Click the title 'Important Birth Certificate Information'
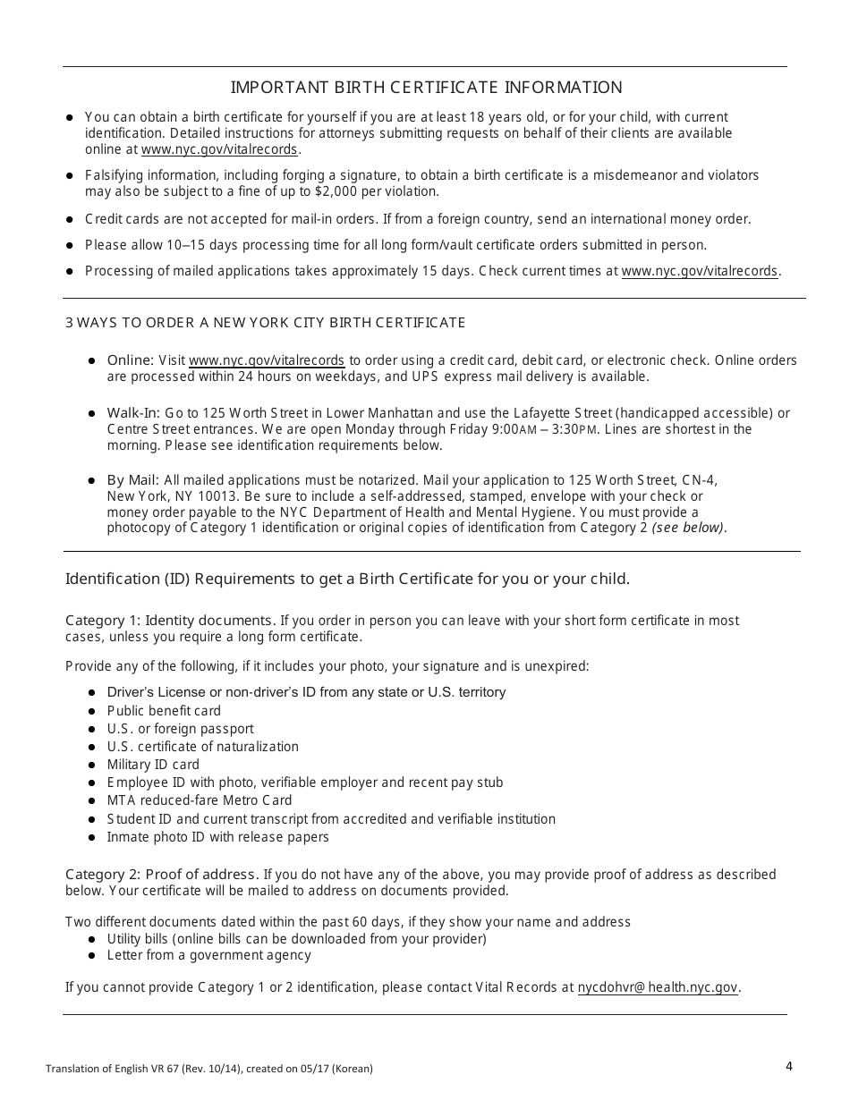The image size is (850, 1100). [426, 87]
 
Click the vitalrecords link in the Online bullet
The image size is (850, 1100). [266, 360]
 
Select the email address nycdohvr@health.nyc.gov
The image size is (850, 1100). [659, 987]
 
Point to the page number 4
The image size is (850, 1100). [788, 1065]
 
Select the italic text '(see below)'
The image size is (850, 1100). [688, 528]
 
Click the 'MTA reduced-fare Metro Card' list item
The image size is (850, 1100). [199, 800]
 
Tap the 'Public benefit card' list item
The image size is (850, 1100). [164, 711]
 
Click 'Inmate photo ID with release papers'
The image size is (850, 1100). [217, 837]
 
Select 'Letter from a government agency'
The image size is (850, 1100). [208, 955]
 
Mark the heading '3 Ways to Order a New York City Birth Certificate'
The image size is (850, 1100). [265, 322]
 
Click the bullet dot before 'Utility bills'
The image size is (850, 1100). [93, 939]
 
